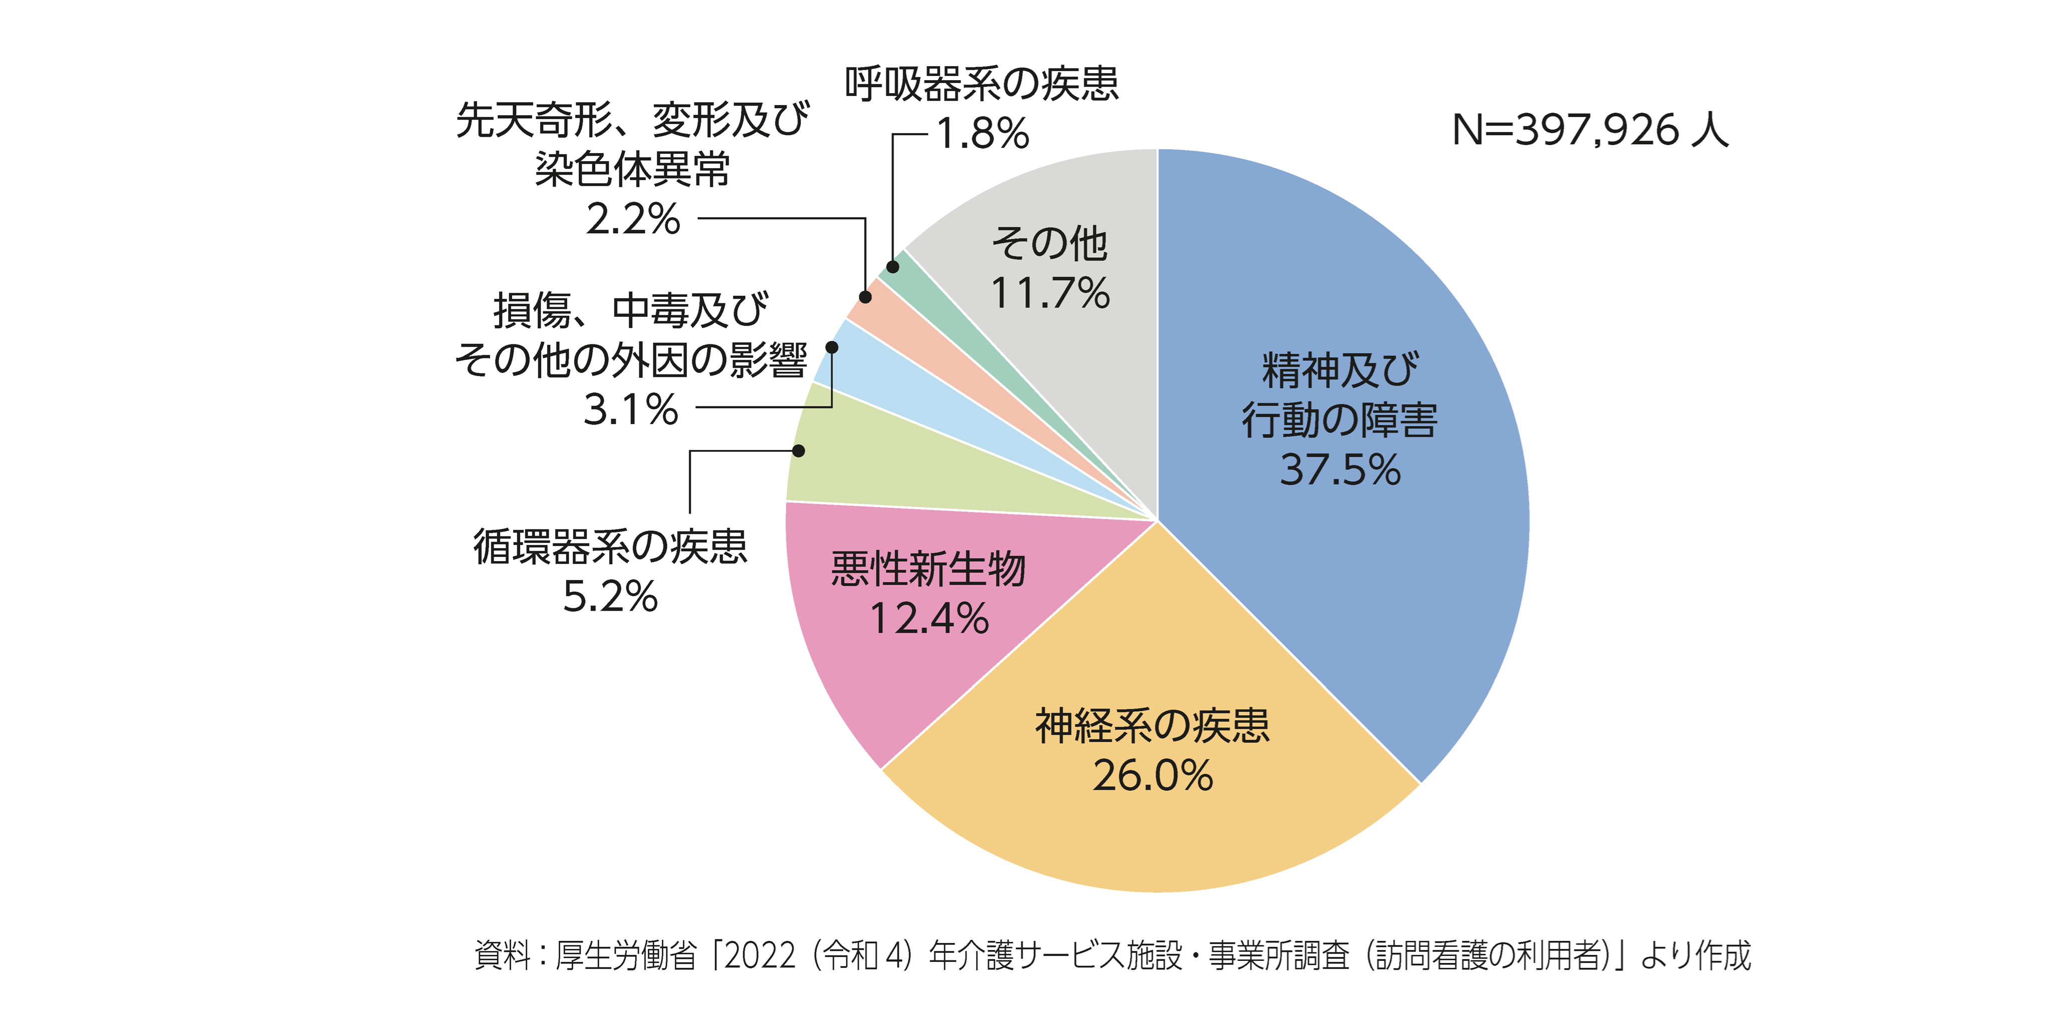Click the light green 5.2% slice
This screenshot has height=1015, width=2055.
(878, 470)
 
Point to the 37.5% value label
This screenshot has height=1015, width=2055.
(1340, 469)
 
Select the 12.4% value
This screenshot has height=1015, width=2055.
(929, 619)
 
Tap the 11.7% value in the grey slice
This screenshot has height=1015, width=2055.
(1050, 293)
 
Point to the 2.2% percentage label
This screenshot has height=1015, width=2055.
(633, 219)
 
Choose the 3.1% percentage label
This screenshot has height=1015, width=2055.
(630, 410)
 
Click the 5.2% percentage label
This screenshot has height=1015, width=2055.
(610, 597)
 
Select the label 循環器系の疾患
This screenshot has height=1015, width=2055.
(610, 547)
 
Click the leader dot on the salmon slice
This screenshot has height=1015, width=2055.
(865, 297)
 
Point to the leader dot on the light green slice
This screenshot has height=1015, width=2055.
(798, 450)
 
